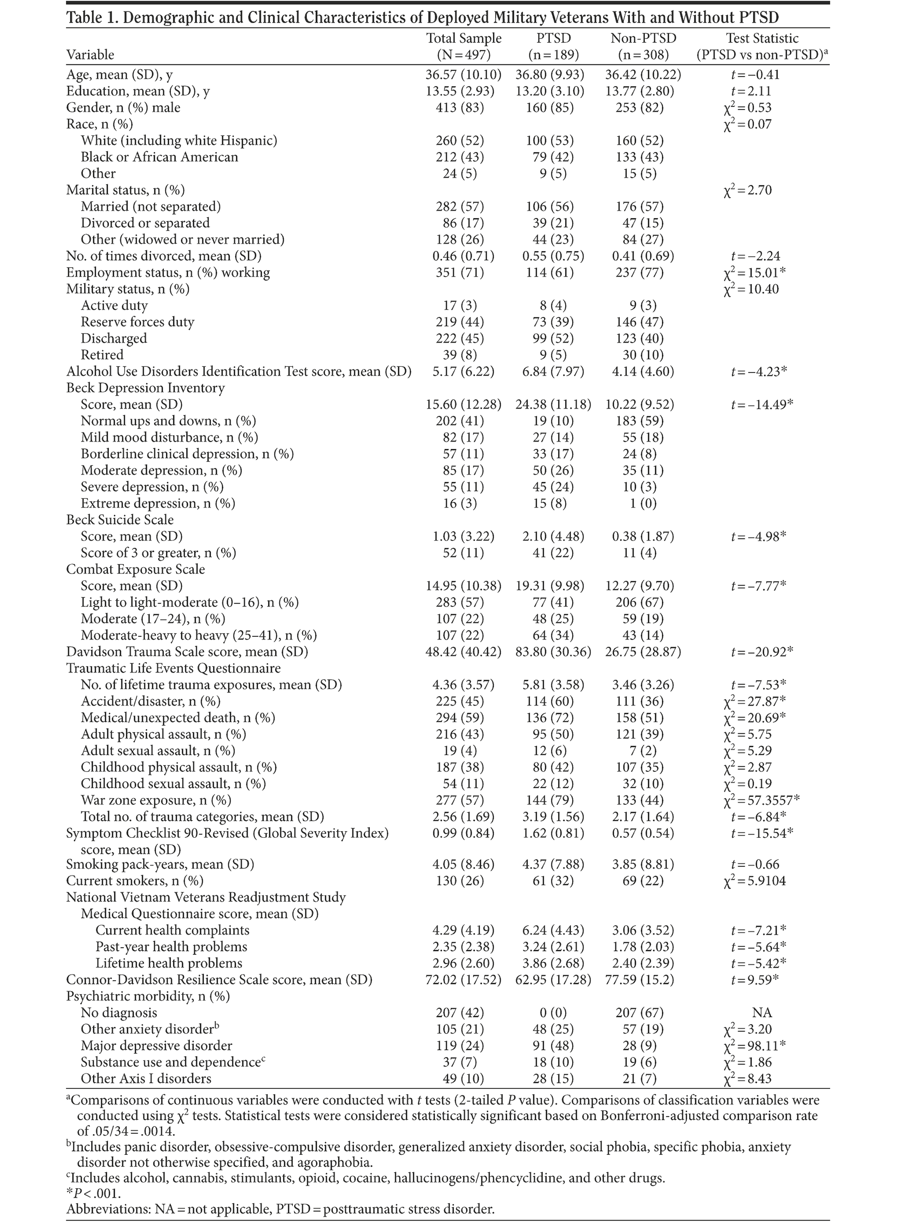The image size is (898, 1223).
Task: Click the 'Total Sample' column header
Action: tap(463, 39)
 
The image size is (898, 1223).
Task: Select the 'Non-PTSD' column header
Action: tap(642, 39)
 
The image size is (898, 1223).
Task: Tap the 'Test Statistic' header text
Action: tap(762, 39)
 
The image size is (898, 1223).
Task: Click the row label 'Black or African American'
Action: tap(159, 157)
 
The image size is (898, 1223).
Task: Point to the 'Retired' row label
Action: tap(102, 355)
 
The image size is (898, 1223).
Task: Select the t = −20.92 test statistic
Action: tap(762, 651)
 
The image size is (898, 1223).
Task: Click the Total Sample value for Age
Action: tap(463, 74)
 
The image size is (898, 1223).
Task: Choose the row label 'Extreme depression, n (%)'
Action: tap(158, 503)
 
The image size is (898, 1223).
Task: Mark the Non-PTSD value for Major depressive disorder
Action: tap(642, 1045)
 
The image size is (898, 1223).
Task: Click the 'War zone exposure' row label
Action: tap(155, 800)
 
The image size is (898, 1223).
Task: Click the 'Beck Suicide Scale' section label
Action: tap(120, 519)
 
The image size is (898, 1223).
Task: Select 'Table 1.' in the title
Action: tap(91, 17)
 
